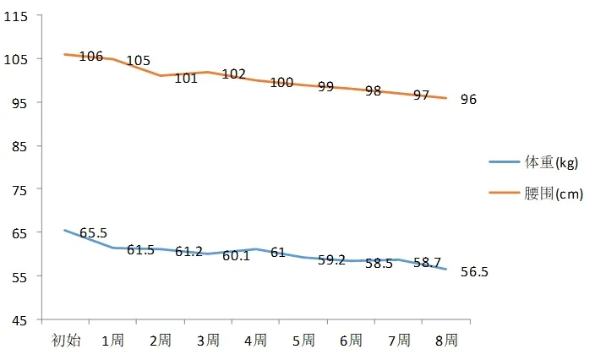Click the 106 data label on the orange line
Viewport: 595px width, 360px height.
(x=90, y=57)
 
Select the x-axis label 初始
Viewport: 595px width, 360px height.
(x=66, y=341)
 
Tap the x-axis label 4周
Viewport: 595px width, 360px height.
(x=255, y=341)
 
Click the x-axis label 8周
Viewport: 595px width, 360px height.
(x=446, y=341)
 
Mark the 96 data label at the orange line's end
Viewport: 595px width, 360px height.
(x=468, y=100)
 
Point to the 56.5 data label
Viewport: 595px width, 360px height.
(x=474, y=272)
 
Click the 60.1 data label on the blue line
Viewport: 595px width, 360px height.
(x=236, y=256)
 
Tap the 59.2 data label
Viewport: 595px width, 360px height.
(x=331, y=259)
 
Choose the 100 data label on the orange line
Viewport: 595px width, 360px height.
(x=281, y=82)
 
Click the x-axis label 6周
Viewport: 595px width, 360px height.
(x=351, y=341)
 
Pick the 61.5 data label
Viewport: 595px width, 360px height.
(x=140, y=250)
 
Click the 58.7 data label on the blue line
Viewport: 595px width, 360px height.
(x=427, y=263)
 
